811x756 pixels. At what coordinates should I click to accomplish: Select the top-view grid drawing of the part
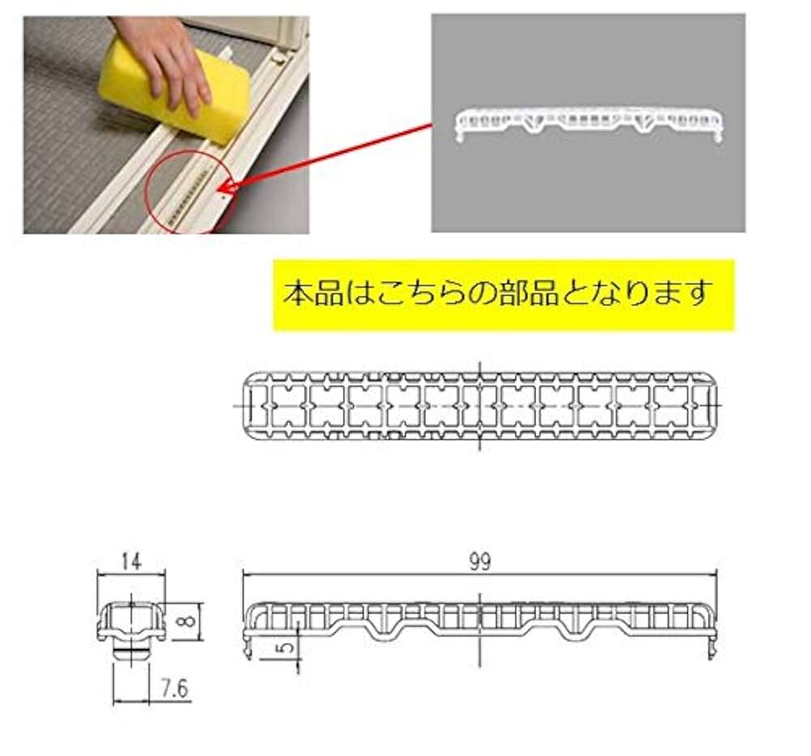pos(481,406)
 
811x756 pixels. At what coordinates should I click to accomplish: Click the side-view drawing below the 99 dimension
pos(480,621)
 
